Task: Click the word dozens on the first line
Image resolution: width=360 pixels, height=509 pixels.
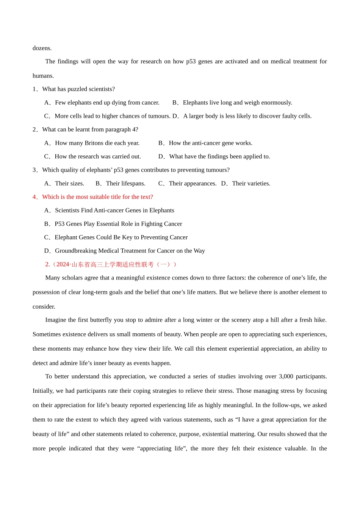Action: [42, 48]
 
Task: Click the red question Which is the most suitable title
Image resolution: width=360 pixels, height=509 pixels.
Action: [97, 197]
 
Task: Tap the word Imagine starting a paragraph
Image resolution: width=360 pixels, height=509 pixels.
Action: [56, 320]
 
